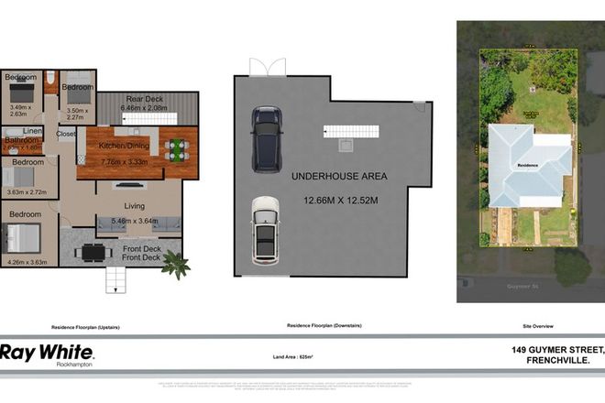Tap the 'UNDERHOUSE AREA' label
pyautogui.click(x=339, y=175)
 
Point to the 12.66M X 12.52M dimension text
pyautogui.click(x=339, y=200)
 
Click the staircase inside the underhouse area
pyautogui.click(x=352, y=132)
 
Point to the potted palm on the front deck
pyautogui.click(x=175, y=265)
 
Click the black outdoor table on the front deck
pyautogui.click(x=91, y=253)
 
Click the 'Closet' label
pyautogui.click(x=66, y=134)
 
